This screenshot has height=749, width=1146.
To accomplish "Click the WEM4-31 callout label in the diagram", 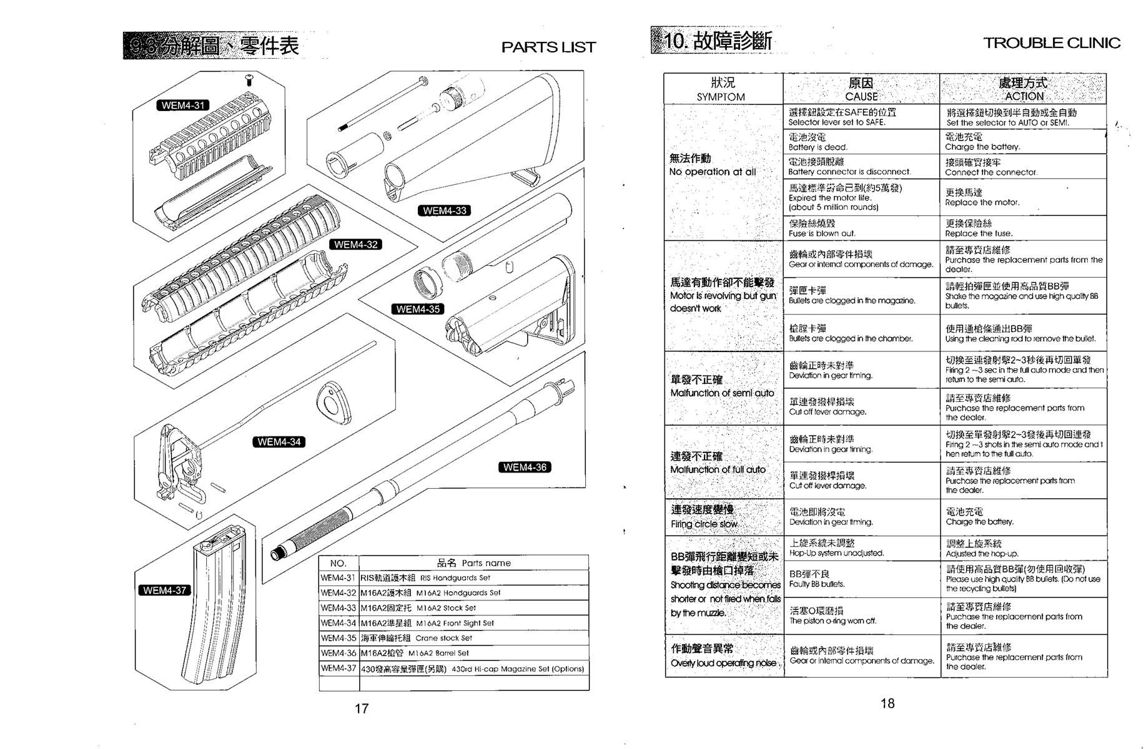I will (182, 105).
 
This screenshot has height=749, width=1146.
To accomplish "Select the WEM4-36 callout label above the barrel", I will (525, 468).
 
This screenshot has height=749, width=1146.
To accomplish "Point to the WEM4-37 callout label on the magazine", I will (164, 590).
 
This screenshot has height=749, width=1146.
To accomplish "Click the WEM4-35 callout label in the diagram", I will (417, 309).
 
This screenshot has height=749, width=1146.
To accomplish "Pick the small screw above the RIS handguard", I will (249, 81).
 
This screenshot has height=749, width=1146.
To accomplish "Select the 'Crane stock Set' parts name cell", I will (473, 638).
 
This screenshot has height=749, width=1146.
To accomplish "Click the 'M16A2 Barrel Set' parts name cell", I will (473, 653).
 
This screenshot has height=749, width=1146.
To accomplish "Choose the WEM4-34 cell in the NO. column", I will (338, 623).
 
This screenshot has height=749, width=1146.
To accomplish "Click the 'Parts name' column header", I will (473, 563).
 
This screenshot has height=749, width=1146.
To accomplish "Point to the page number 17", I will (362, 708).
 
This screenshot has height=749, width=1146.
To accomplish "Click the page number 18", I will (887, 703).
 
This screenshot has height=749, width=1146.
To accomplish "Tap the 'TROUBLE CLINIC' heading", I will (1052, 43).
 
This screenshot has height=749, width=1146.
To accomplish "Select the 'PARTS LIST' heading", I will (548, 47).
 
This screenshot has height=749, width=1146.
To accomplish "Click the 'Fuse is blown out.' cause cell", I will (861, 228).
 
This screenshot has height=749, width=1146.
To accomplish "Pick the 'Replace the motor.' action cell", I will (1022, 197).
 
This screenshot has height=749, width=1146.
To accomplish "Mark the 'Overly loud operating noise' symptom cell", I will (724, 655).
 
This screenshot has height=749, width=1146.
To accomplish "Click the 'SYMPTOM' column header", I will (723, 89).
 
